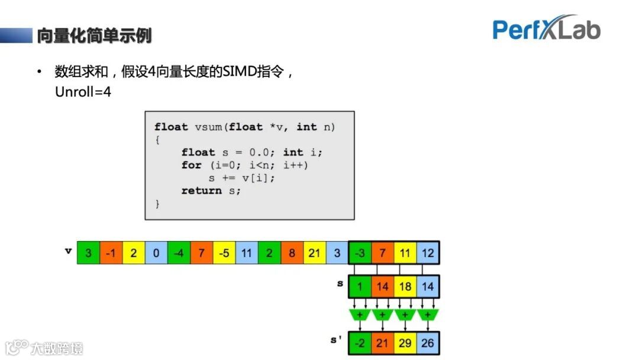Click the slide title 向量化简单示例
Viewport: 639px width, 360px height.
[94, 36]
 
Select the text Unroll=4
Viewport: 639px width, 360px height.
[83, 93]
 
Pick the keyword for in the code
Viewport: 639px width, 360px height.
[191, 165]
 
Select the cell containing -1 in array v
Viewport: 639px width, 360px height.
[111, 253]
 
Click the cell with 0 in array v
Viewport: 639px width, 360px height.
[156, 253]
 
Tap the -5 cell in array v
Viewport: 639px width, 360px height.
[224, 253]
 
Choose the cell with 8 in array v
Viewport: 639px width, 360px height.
[292, 253]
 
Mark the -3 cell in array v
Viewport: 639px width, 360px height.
[360, 253]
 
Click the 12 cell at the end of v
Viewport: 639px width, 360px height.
[428, 253]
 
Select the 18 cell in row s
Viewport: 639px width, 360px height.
[405, 287]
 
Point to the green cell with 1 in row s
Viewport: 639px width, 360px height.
[360, 287]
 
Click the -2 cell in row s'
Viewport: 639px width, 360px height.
[360, 343]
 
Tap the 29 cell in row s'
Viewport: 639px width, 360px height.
[405, 343]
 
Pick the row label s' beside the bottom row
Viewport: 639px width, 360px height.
[336, 340]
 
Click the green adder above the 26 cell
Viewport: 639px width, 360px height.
[428, 314]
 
